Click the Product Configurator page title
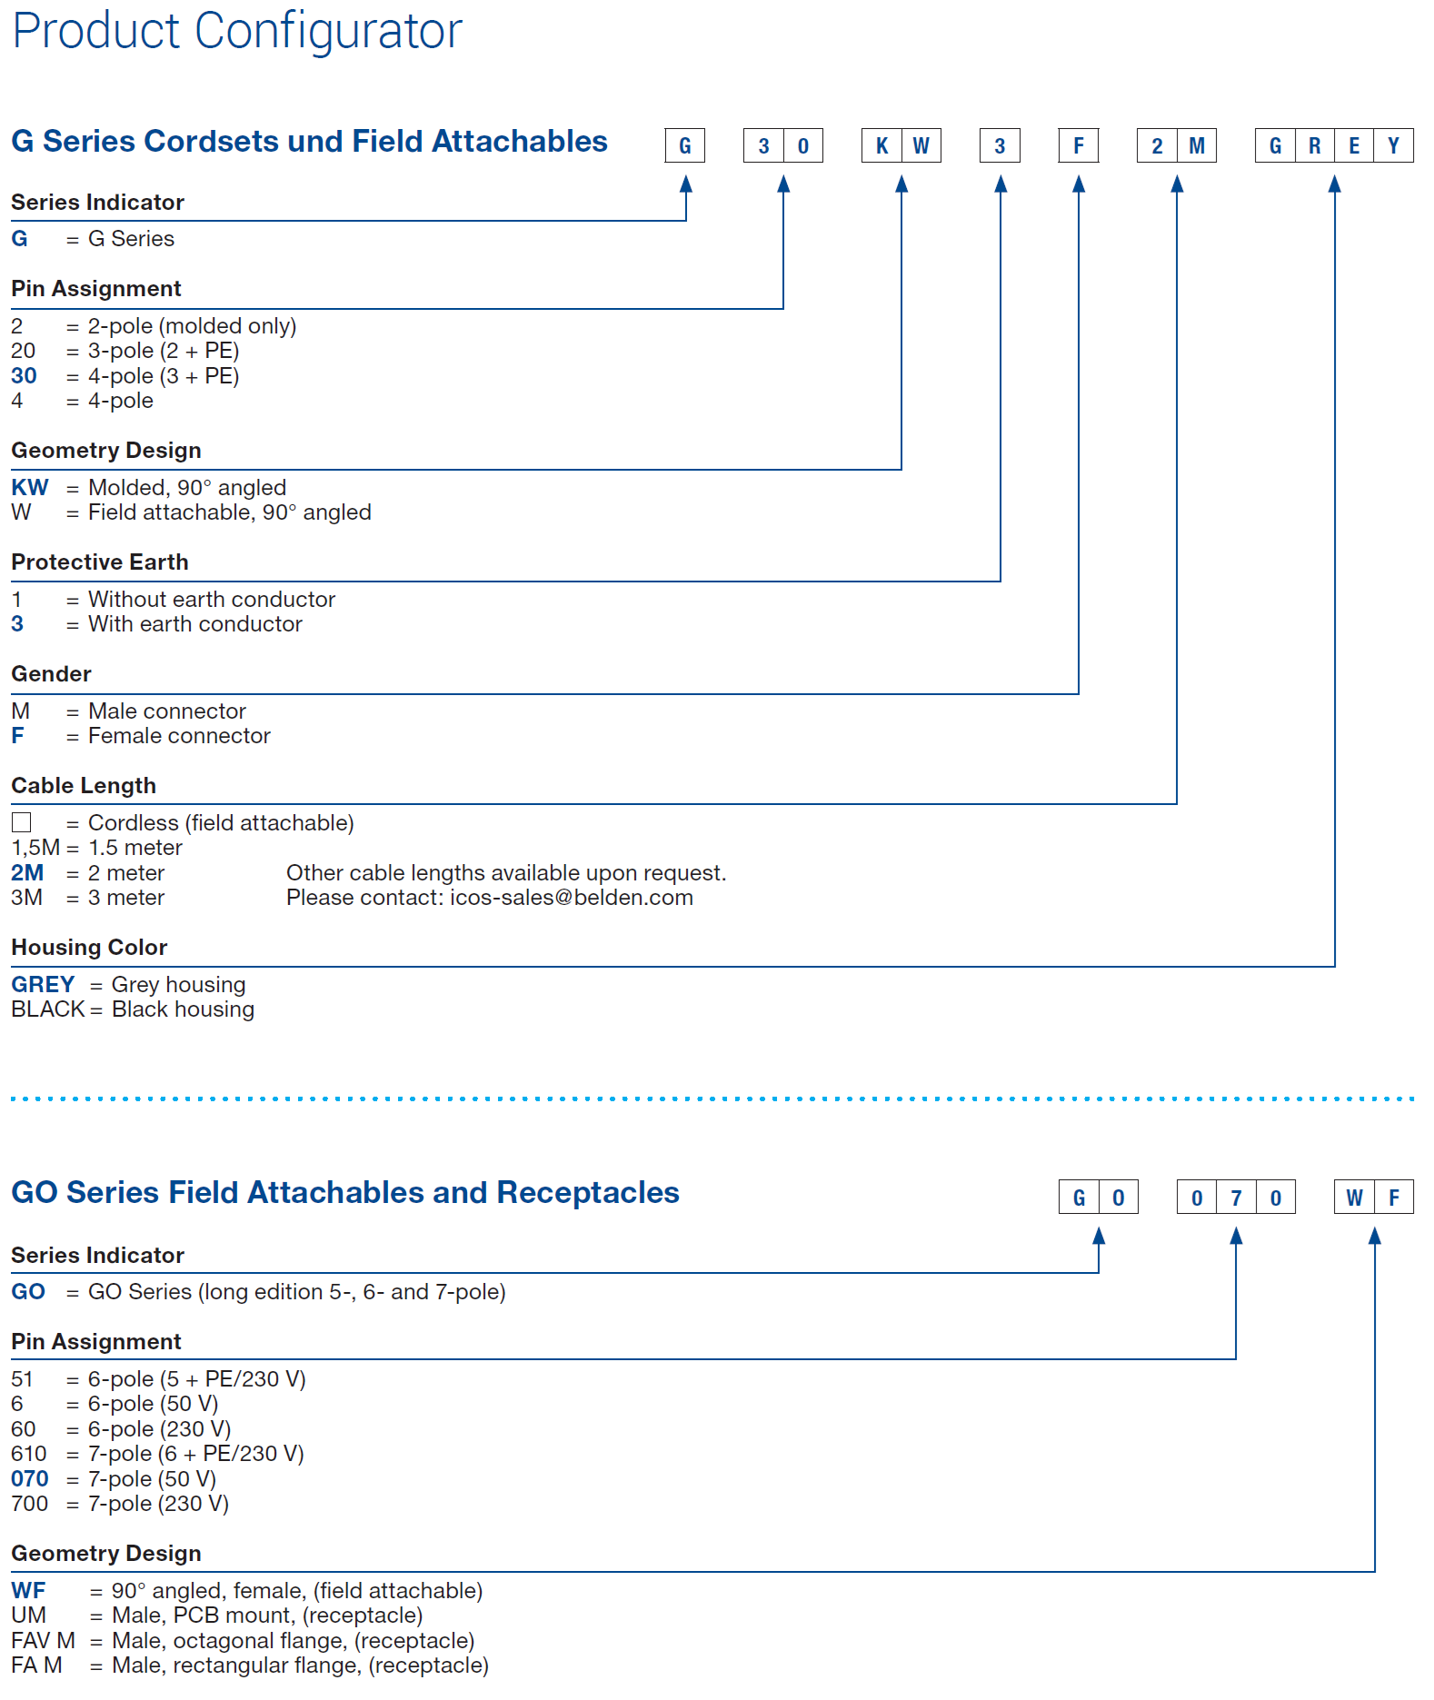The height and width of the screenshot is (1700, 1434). click(x=237, y=32)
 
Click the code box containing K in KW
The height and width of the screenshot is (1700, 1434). click(x=881, y=145)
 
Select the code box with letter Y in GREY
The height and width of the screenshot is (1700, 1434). click(x=1393, y=145)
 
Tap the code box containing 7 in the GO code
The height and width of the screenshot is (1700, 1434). click(x=1236, y=1198)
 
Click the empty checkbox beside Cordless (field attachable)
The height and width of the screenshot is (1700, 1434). click(x=22, y=822)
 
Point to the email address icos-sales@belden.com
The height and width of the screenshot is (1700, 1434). click(x=572, y=898)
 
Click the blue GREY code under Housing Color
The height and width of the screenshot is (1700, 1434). click(x=43, y=984)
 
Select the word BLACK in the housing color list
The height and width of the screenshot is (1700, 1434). click(x=47, y=1009)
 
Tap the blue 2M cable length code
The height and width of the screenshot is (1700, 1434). click(x=27, y=873)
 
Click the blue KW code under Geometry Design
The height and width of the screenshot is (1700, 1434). click(x=30, y=487)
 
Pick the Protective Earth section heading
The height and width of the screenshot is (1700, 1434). click(x=100, y=562)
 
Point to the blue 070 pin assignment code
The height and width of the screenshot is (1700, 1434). click(x=30, y=1479)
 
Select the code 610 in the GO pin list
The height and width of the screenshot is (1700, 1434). click(x=29, y=1454)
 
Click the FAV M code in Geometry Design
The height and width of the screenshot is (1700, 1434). click(x=43, y=1641)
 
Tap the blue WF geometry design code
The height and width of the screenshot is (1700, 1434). click(x=28, y=1591)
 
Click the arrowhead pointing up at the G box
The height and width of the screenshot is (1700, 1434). click(x=686, y=184)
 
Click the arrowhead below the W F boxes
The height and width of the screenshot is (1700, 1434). click(x=1375, y=1236)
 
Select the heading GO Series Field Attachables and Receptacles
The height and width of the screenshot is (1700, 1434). click(x=345, y=1192)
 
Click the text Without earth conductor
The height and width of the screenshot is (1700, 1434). click(x=212, y=600)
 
